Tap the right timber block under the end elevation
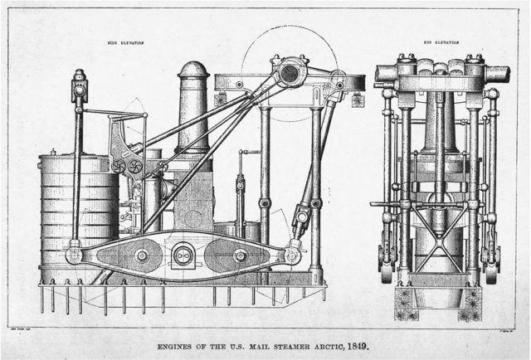pyautogui.click(x=474, y=302)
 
